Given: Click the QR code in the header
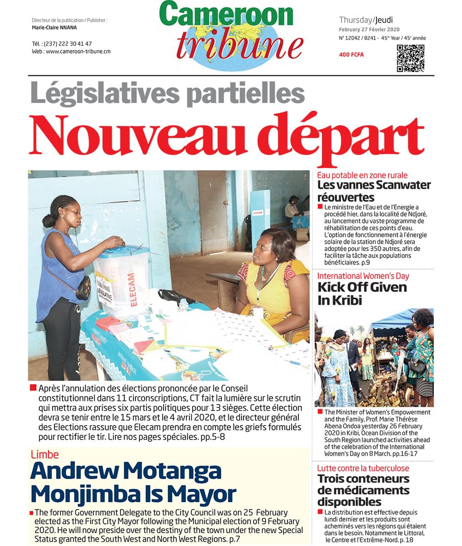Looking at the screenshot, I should pyautogui.click(x=410, y=58).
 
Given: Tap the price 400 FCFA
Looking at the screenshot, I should pyautogui.click(x=351, y=55).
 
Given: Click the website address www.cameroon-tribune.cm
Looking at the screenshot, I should pyautogui.click(x=78, y=52).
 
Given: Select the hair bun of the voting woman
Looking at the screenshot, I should pyautogui.click(x=49, y=221).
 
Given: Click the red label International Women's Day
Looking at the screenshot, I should pyautogui.click(x=363, y=276).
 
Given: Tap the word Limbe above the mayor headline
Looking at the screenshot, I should pyautogui.click(x=45, y=455).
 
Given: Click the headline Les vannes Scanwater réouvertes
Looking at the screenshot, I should pyautogui.click(x=374, y=191).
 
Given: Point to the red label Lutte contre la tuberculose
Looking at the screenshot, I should pyautogui.click(x=363, y=468).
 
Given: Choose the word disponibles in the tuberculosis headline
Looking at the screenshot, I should pyautogui.click(x=349, y=502).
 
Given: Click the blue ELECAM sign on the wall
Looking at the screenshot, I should pyautogui.click(x=257, y=213).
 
